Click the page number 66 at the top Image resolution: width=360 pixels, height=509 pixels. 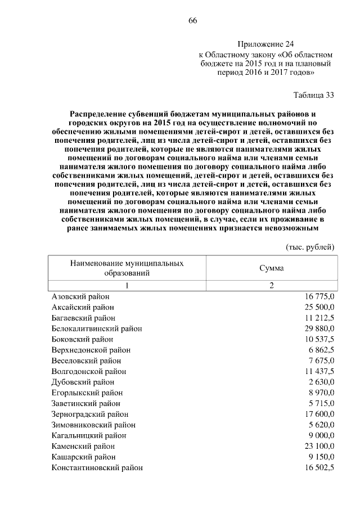coord(192,21)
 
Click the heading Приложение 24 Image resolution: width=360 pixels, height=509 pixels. coord(265,44)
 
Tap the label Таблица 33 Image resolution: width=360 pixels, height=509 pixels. coord(314,94)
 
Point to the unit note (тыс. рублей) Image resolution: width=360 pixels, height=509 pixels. coord(310,246)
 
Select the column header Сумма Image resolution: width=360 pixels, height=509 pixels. coord(271,268)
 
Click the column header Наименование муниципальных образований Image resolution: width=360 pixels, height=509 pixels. coord(127,268)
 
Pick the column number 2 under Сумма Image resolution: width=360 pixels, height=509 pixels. coord(271,285)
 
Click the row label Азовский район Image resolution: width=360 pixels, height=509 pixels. coord(80,296)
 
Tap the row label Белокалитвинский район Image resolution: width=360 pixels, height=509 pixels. coord(96,328)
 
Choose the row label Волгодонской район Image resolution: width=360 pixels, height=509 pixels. coord(88,371)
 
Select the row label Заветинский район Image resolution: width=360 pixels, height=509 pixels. coord(85,403)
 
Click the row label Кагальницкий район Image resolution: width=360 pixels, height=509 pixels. coord(88,435)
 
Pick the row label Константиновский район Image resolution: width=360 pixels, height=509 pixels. coord(97,467)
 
